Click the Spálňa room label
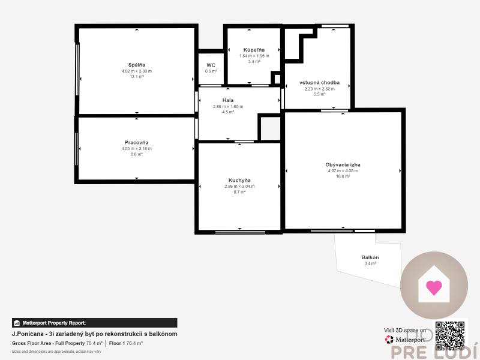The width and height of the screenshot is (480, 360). pos(137,64)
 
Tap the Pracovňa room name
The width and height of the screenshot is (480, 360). pos(137,142)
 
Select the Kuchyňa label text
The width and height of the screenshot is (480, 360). pos(239,180)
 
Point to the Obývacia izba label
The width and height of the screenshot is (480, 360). pos(343,164)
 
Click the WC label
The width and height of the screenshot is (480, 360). pos(211,65)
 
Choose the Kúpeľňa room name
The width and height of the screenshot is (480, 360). pos(254,50)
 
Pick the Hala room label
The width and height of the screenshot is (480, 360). pos(228,100)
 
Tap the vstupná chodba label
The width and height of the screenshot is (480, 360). pos(320,82)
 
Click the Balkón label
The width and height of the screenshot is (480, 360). pos(370,257)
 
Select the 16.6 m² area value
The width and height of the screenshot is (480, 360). pos(343,176)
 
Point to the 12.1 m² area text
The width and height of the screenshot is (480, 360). pos(137,77)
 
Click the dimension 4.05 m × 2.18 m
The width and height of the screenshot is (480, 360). pos(137,148)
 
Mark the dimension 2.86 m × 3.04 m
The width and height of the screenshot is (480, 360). pos(239,186)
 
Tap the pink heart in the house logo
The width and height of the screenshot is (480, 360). pos(434,287)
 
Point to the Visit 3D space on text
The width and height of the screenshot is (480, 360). pos(405,330)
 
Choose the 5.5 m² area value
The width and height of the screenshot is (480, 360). pos(320,94)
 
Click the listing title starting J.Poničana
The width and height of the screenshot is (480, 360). pos(94,334)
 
